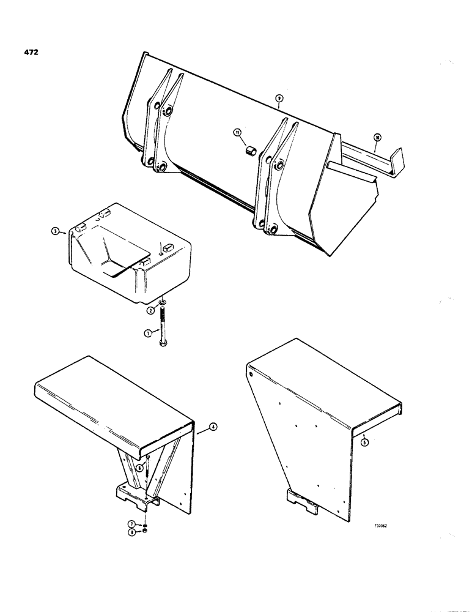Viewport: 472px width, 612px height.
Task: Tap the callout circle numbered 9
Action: click(x=279, y=98)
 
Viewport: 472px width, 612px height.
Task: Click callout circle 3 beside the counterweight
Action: click(x=56, y=232)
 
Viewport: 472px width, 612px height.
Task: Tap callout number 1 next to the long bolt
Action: click(x=147, y=334)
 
